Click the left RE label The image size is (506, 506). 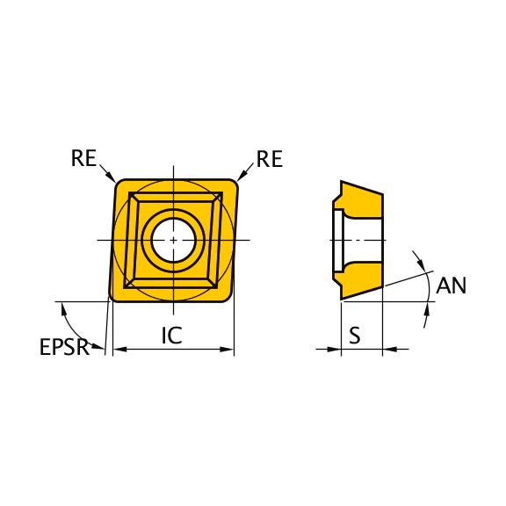pyautogui.click(x=83, y=158)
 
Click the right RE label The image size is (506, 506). pyautogui.click(x=270, y=159)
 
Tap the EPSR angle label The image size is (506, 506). pyautogui.click(x=64, y=347)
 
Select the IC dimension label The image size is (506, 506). pyautogui.click(x=171, y=336)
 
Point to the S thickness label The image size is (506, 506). pyautogui.click(x=355, y=336)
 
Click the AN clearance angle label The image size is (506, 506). pyautogui.click(x=452, y=286)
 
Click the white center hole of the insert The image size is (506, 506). pyautogui.click(x=174, y=241)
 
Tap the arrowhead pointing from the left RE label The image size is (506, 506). pyautogui.click(x=112, y=177)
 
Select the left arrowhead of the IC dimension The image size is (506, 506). pyautogui.click(x=119, y=349)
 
